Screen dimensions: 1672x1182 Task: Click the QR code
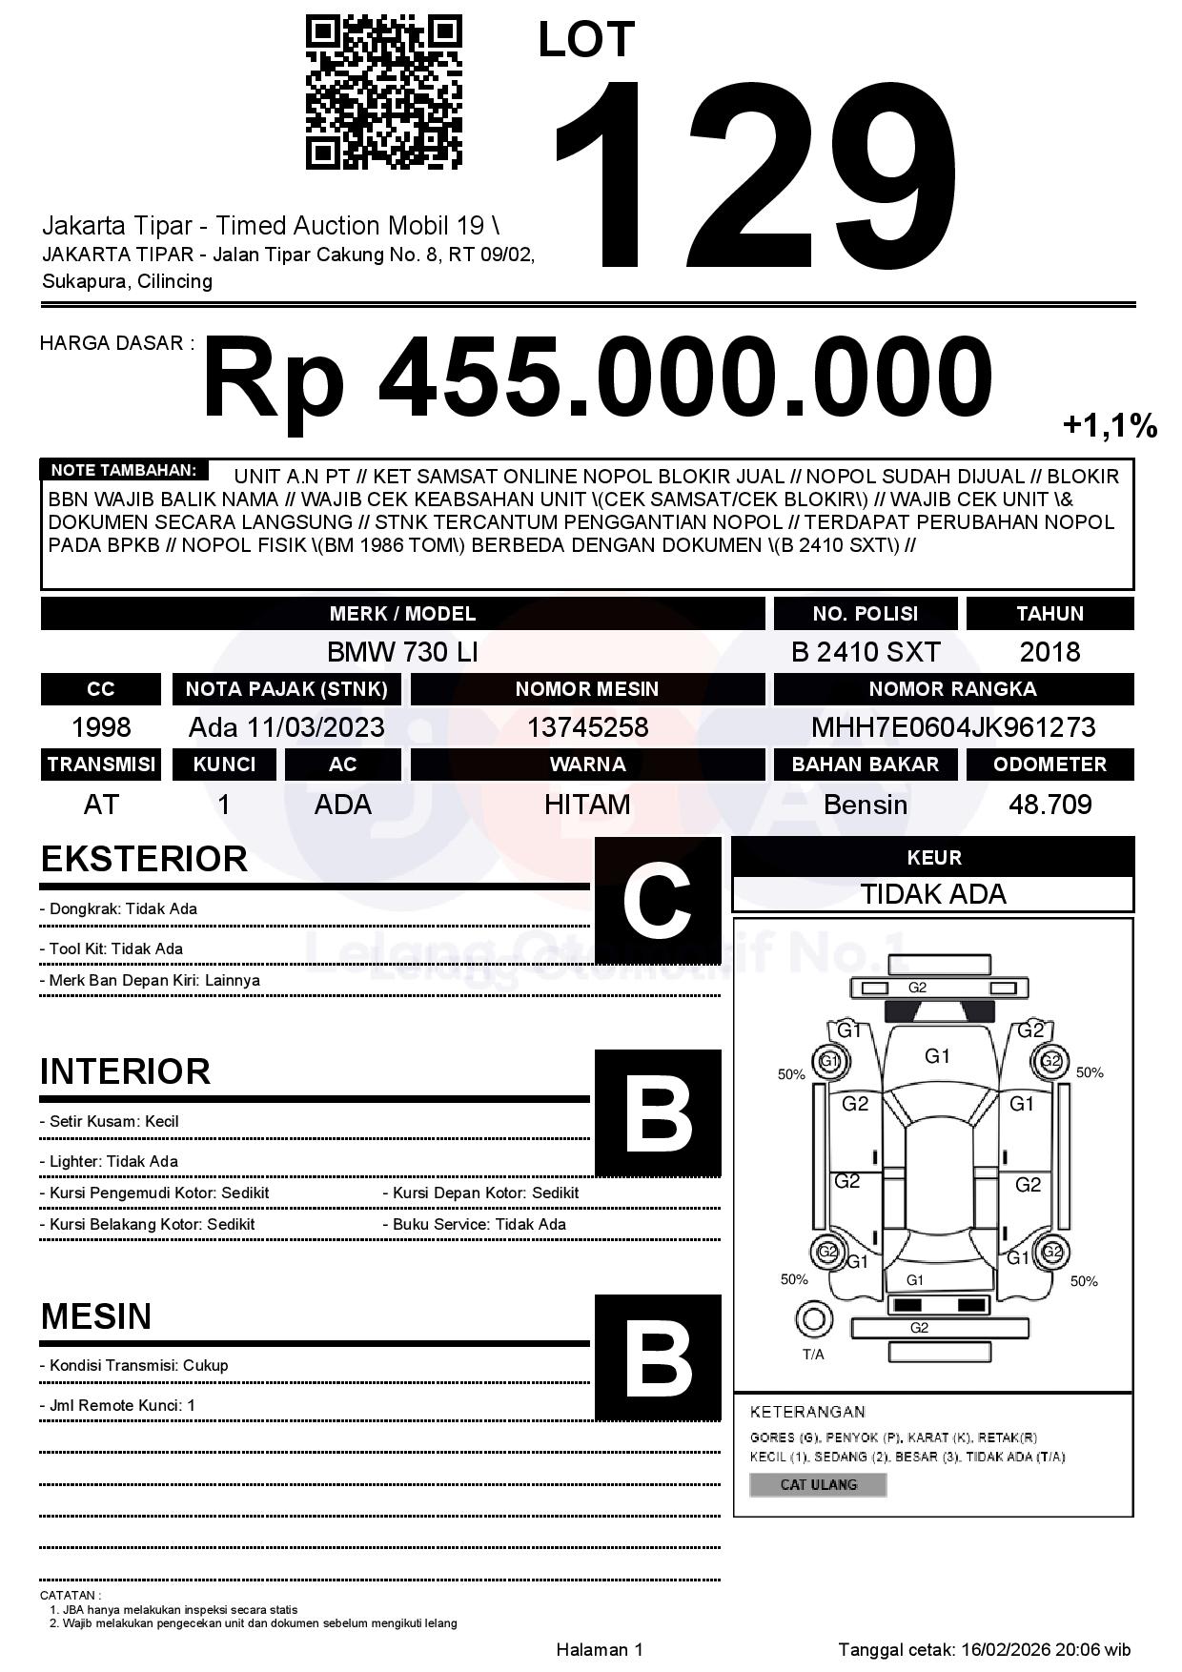pos(383,92)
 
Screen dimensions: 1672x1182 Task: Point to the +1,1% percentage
pos(1110,425)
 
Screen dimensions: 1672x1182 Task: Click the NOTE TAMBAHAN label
pos(124,470)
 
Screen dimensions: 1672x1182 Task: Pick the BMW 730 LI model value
pos(402,652)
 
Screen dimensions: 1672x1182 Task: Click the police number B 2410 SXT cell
pos(866,652)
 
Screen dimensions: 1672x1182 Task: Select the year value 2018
pos(1050,652)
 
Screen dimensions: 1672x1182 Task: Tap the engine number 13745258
pos(587,727)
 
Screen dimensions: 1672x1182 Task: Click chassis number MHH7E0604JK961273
pos(953,727)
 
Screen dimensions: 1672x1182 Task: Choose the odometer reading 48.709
pos(1050,805)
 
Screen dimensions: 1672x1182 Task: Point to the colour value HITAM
pos(587,805)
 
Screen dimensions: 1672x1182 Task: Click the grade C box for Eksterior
pos(658,900)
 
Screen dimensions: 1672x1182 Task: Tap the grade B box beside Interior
pos(658,1112)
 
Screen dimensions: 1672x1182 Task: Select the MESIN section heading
pos(96,1316)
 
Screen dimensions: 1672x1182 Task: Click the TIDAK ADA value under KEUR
pos(933,894)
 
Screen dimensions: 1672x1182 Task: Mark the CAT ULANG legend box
pos(818,1484)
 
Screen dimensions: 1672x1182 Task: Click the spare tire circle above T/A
pos(813,1320)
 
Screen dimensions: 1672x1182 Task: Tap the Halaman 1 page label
pos(600,1649)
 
